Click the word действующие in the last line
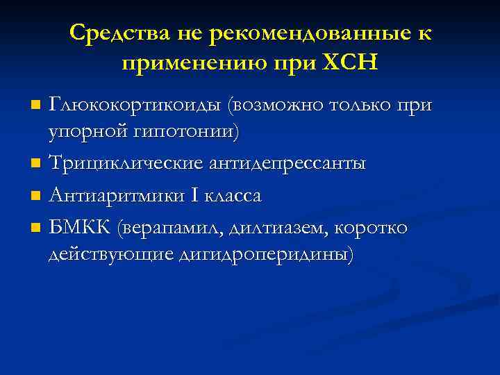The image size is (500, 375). (110, 255)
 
